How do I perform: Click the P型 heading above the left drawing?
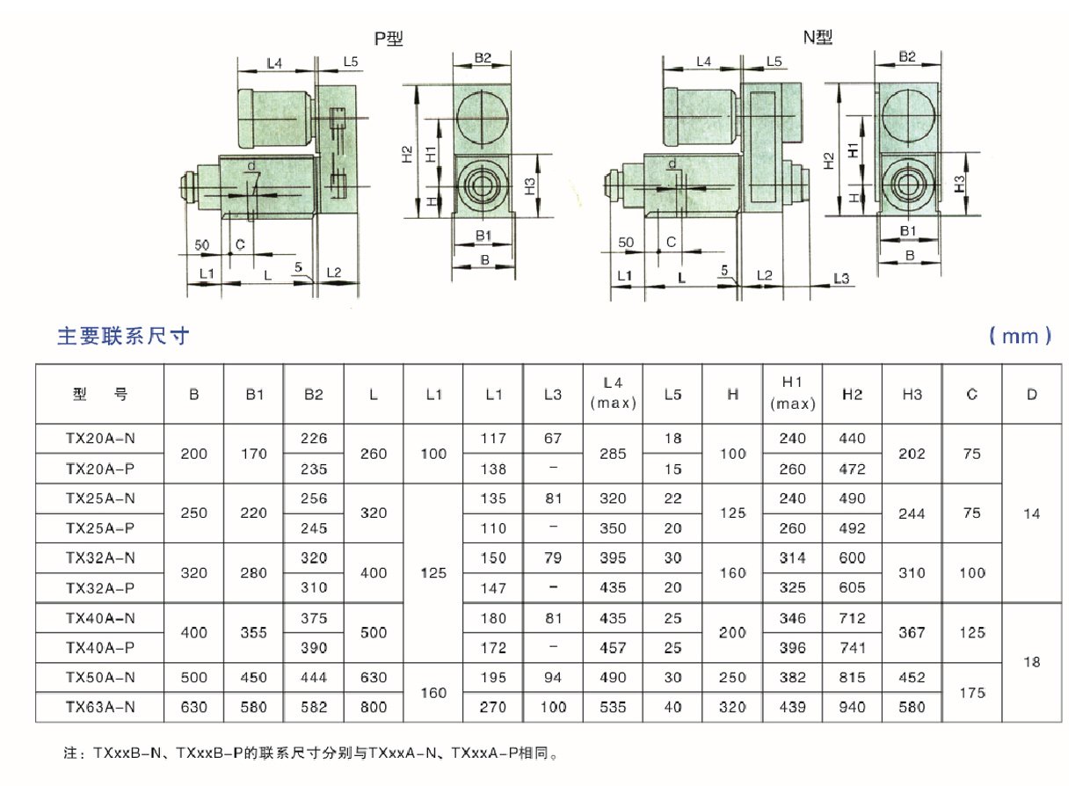coord(389,39)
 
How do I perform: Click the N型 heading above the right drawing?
coord(817,37)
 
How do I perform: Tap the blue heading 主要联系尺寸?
coord(123,336)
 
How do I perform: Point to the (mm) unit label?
coord(1021,336)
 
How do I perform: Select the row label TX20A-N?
coord(100,439)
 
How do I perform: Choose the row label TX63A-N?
coord(100,707)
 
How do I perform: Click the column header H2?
coord(852,394)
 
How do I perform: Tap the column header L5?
coord(672,394)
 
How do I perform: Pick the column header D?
coord(1032,394)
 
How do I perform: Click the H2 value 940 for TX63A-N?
coord(852,707)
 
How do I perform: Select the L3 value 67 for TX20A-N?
coord(553,439)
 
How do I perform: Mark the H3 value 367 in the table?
coord(912,633)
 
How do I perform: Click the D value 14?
coord(1032,513)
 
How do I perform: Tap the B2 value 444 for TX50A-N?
coord(314,677)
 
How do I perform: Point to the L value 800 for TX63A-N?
coord(374,707)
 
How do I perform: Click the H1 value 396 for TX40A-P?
coord(792,648)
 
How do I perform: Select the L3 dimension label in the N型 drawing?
coord(841,279)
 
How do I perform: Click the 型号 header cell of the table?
coord(100,394)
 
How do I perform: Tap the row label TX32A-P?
coord(100,588)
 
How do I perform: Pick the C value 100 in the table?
coord(972,573)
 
